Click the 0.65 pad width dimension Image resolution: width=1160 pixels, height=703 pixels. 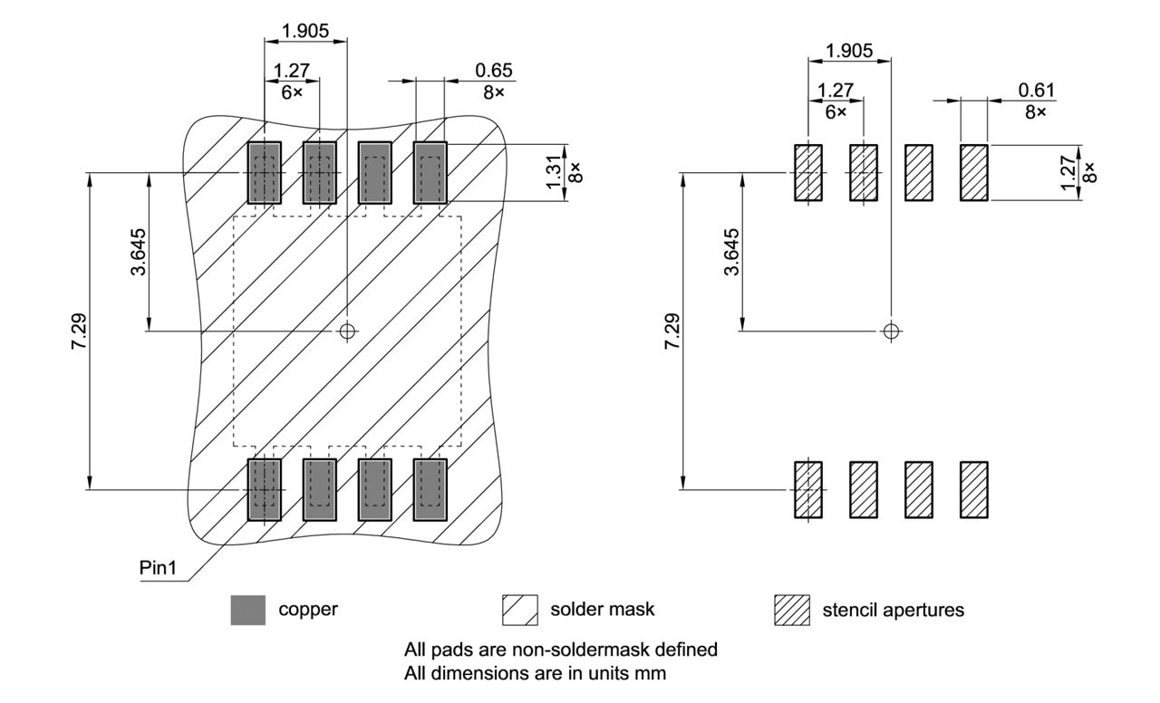[x=494, y=71]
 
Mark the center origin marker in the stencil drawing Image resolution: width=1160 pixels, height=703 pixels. [x=892, y=331]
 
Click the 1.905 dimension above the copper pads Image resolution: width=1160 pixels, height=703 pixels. [x=305, y=31]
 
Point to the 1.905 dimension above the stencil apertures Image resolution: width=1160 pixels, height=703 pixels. [x=849, y=51]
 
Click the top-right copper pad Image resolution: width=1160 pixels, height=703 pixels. [x=430, y=172]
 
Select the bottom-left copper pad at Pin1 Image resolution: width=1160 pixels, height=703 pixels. [x=265, y=489]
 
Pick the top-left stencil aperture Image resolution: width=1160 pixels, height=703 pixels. [x=808, y=172]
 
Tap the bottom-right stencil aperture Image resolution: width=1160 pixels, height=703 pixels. [x=974, y=489]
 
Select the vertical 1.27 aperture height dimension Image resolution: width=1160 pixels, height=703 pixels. [x=1070, y=172]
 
